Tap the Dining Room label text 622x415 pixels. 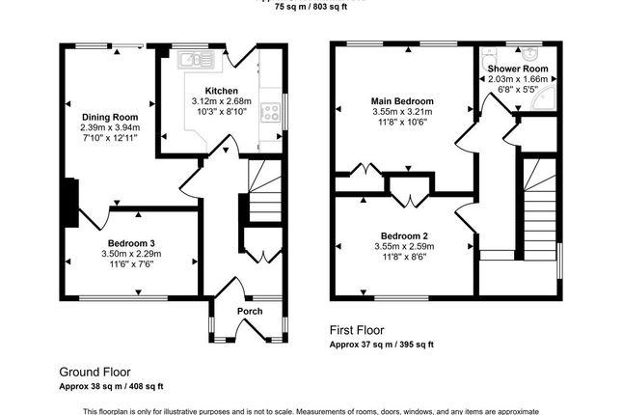110,116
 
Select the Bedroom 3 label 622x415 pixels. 131,242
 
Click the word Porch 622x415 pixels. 250,312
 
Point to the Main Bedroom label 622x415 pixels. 402,101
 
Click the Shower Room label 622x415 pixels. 518,69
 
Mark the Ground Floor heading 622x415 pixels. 95,372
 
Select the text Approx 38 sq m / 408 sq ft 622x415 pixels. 112,384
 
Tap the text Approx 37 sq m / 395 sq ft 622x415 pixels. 382,344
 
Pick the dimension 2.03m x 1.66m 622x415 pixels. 518,80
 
